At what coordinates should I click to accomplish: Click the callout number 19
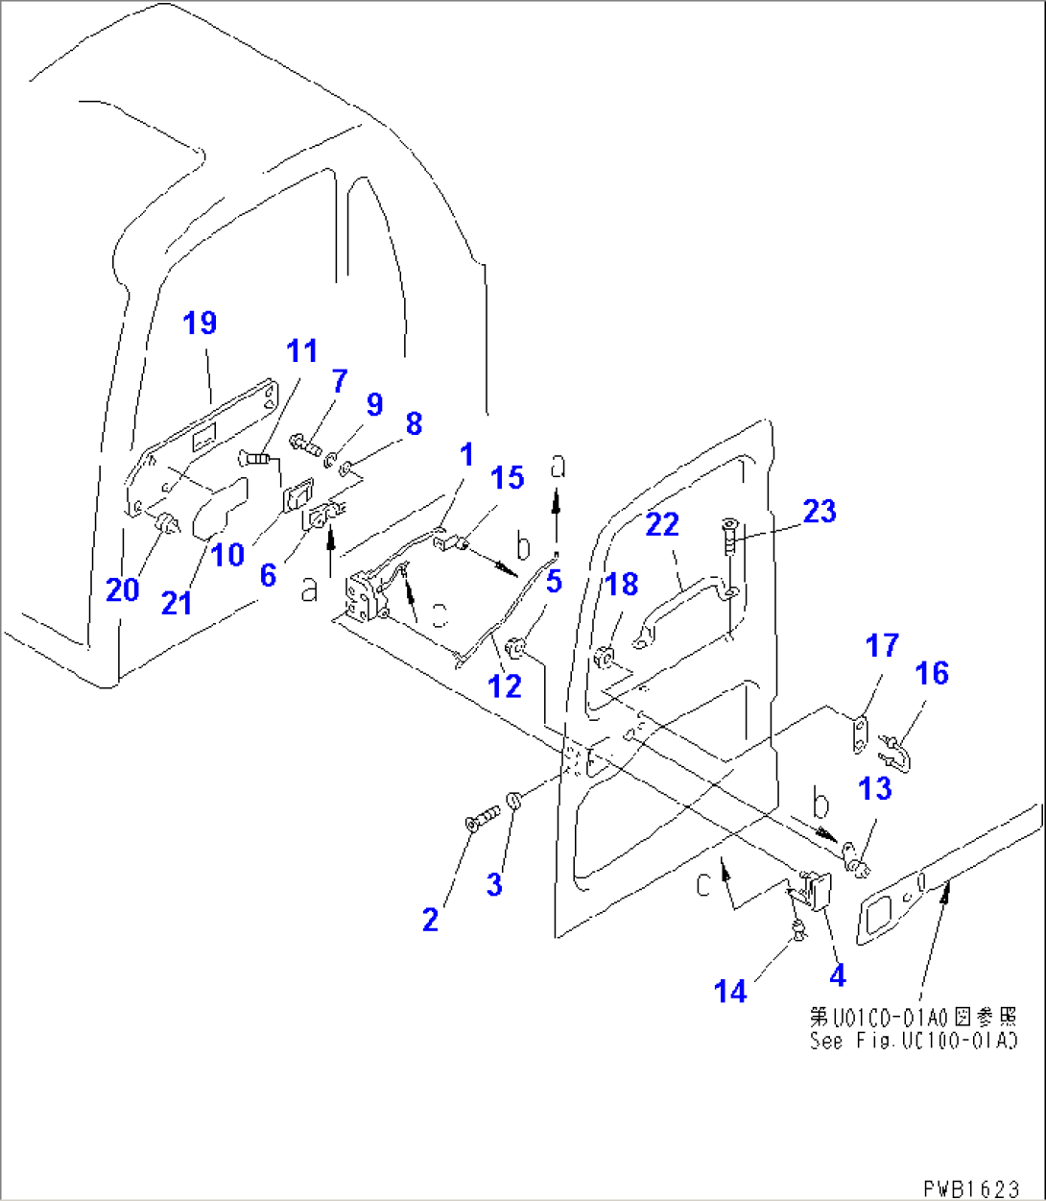(200, 324)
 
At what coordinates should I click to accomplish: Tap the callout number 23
(819, 512)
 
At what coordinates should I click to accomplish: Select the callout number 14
(730, 991)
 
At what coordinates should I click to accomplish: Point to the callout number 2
(430, 920)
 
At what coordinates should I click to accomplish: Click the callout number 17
(882, 645)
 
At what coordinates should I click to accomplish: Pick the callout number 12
(505, 685)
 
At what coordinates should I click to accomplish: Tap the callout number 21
(177, 603)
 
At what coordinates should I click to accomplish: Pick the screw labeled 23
(727, 534)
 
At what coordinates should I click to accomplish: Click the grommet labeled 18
(606, 660)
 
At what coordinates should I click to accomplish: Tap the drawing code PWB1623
(971, 1189)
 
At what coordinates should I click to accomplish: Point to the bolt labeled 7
(305, 444)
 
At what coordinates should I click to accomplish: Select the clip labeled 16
(899, 753)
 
